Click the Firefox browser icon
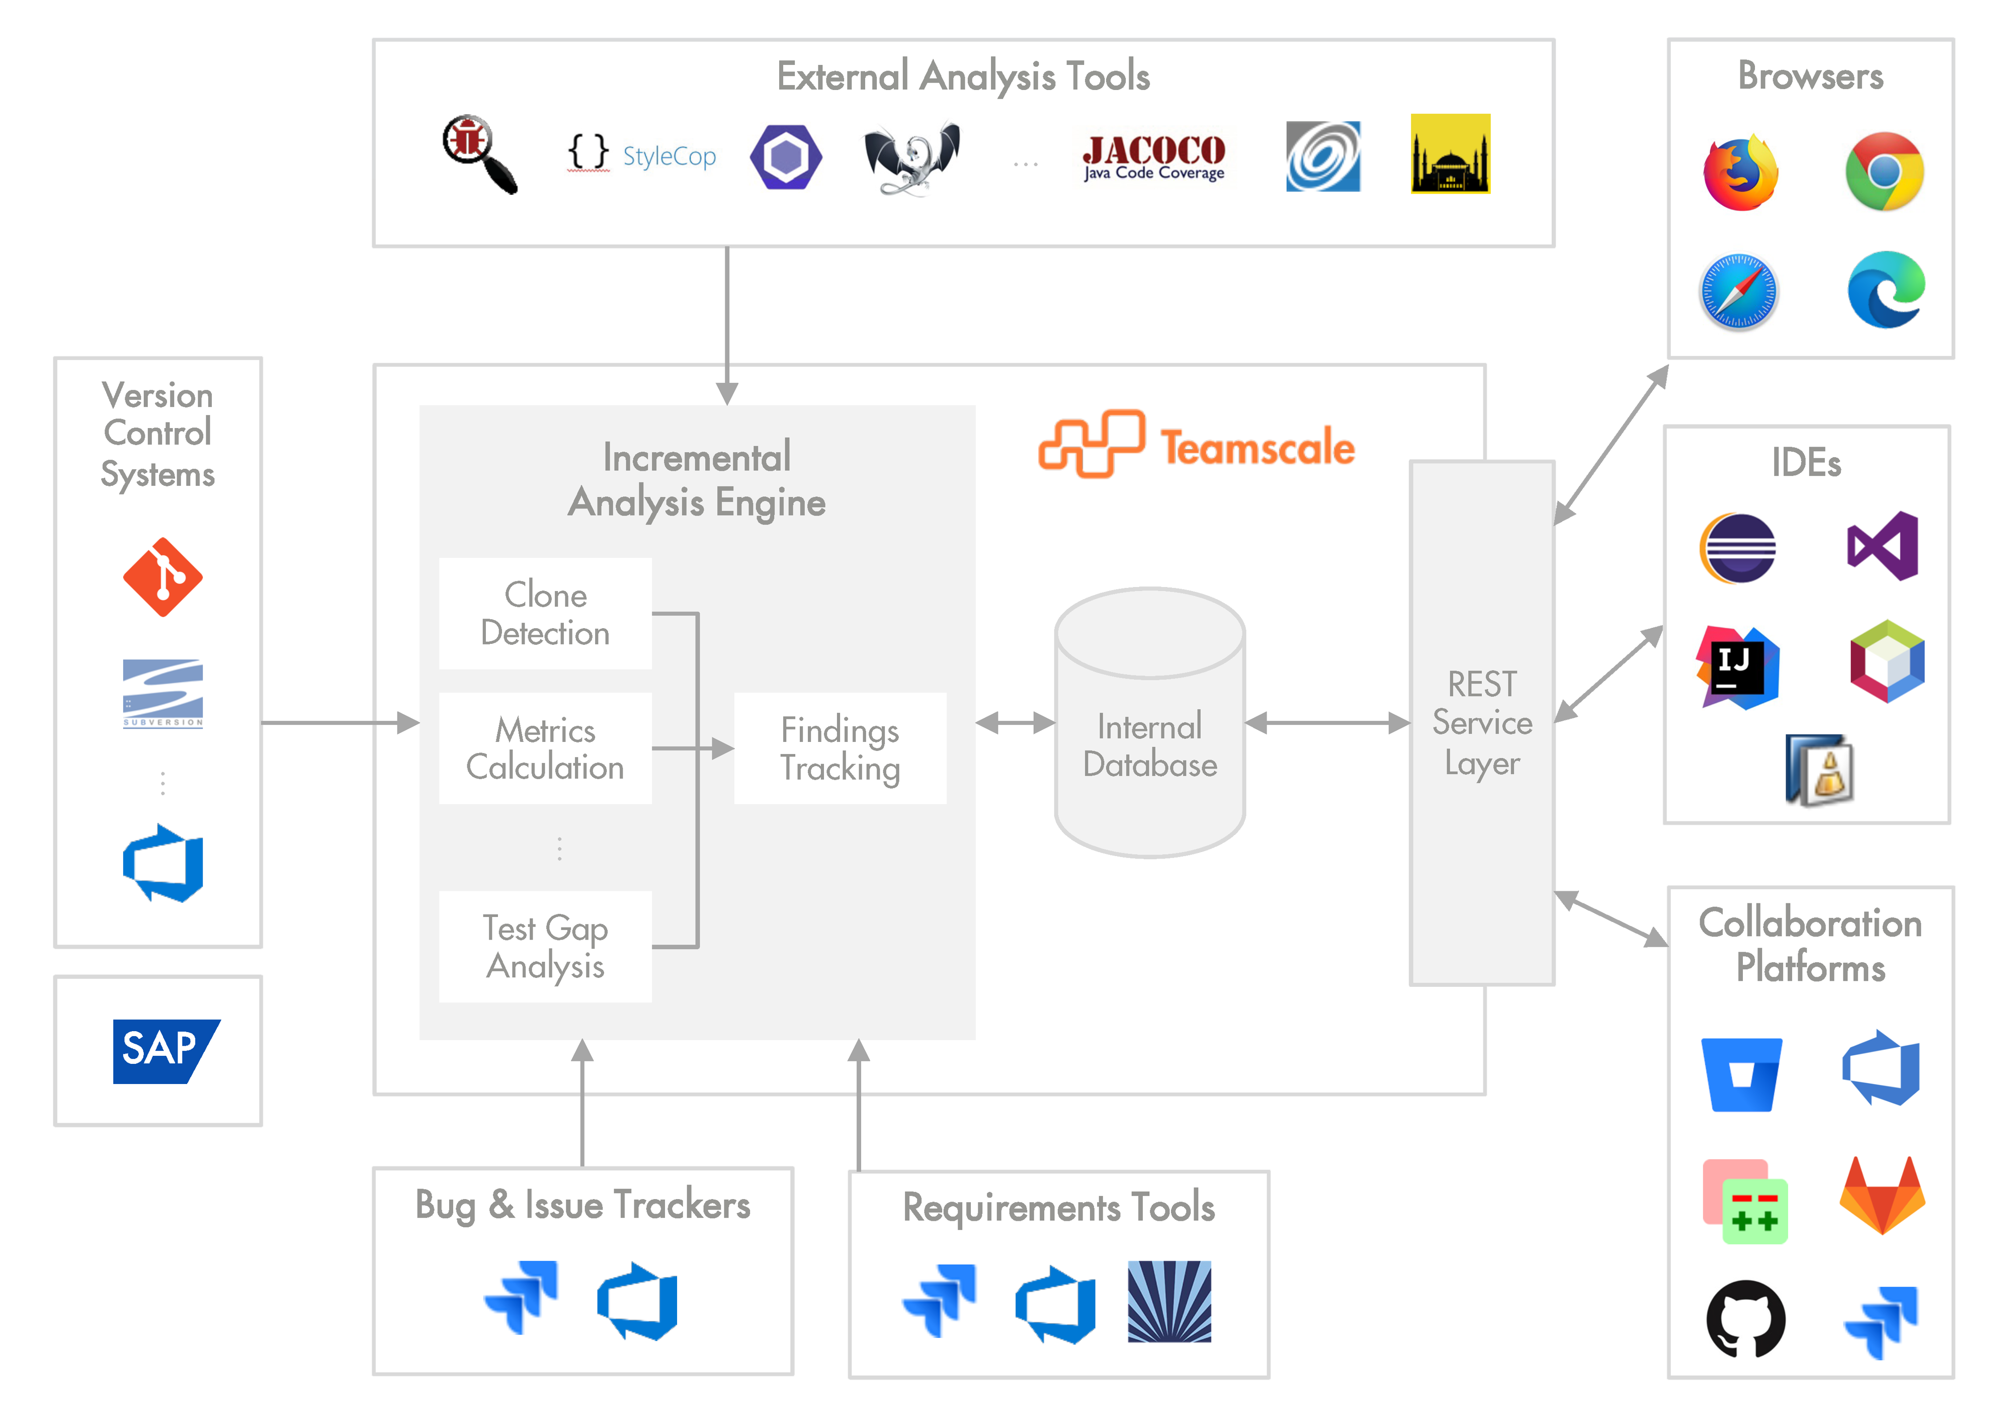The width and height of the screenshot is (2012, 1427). pos(1740,172)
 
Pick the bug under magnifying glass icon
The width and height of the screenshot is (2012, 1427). pos(478,153)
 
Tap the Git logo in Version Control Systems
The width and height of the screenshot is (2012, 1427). pos(162,577)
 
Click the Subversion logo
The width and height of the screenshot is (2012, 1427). pos(162,693)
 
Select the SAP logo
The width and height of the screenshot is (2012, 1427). pos(164,1051)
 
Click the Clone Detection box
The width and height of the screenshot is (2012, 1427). pos(545,613)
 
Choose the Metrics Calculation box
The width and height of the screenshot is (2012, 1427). pos(545,748)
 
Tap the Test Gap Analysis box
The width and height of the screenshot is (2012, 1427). pos(545,946)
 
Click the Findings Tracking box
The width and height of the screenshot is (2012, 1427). pos(840,748)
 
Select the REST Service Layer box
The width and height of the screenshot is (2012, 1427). pos(1482,722)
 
